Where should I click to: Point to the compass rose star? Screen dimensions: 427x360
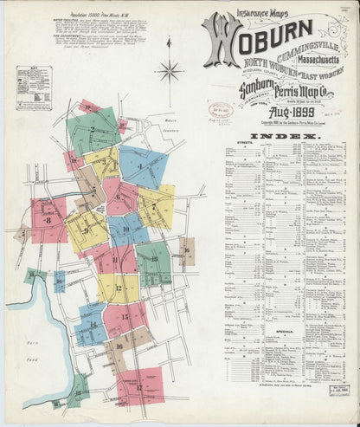[169, 70]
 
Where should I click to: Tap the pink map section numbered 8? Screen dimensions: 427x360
[49, 220]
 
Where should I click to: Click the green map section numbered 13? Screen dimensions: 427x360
[153, 263]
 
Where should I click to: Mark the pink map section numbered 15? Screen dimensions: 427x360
[126, 317]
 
